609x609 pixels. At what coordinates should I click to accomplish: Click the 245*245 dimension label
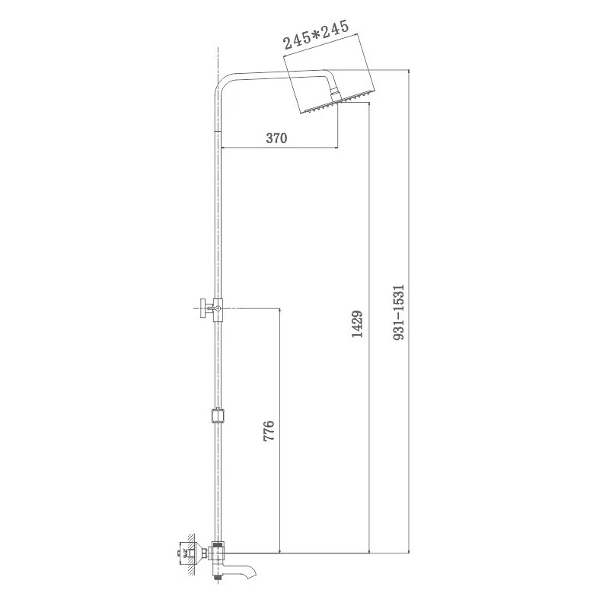[x=316, y=35]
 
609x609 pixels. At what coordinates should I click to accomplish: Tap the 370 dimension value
[x=276, y=138]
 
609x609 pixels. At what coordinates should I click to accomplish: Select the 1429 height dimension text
[x=357, y=324]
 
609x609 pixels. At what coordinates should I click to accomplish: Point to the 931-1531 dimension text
[x=399, y=312]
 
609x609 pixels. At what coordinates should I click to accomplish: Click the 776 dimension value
[x=269, y=430]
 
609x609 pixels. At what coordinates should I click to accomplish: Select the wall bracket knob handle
[x=202, y=309]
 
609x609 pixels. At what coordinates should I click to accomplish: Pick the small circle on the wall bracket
[x=218, y=309]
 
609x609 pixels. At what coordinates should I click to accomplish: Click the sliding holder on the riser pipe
[x=218, y=415]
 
